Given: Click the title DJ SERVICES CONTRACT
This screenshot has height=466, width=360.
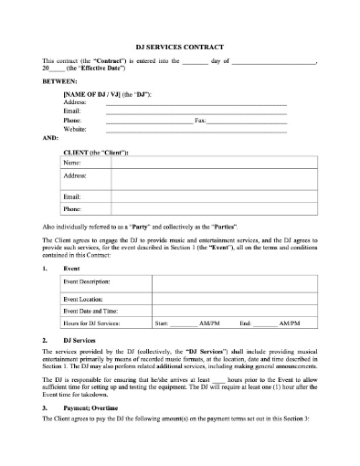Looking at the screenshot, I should pos(180,45).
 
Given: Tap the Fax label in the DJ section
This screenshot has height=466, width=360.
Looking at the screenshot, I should pos(200,119).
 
